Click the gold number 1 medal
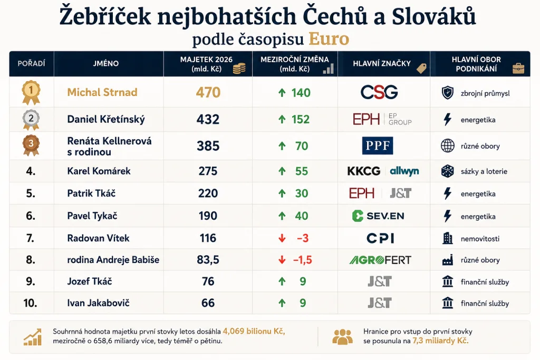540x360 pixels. coord(31,92)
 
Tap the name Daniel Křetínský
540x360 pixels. coord(105,119)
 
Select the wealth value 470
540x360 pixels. coord(208,92)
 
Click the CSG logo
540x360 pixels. coord(379,92)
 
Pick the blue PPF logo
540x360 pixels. coord(378,145)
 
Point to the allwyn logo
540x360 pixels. coord(404,171)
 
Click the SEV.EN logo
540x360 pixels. coord(378,216)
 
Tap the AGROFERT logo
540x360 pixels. coord(380,260)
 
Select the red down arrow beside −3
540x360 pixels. coord(282,238)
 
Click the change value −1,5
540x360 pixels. coord(302,260)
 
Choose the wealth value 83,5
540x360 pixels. coord(208,260)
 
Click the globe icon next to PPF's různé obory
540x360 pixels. coord(447,145)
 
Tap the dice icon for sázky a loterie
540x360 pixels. coord(447,171)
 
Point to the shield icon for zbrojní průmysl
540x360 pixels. coord(447,93)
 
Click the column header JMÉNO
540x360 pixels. coord(105,63)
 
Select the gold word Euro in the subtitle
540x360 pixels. coord(329,38)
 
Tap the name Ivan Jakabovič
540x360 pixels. coord(98,303)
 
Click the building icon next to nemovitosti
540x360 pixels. coord(447,238)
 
